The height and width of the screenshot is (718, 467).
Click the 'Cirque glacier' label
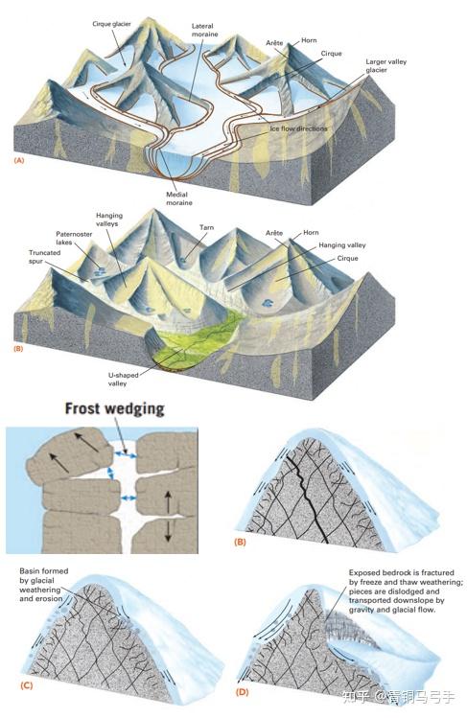(111, 24)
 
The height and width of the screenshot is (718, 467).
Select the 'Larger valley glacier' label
(385, 65)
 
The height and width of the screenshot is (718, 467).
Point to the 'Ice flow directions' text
(298, 128)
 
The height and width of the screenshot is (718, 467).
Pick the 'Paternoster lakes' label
(74, 238)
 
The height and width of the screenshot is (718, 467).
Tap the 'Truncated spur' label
(44, 257)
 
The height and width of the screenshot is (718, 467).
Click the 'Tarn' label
(206, 227)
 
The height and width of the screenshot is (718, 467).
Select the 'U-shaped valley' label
(123, 380)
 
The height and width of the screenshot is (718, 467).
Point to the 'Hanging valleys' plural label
(109, 220)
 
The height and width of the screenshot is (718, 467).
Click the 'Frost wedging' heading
(114, 408)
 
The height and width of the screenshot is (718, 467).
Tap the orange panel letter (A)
(19, 160)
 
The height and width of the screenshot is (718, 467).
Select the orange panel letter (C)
(27, 685)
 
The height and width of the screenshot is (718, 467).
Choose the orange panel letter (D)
(242, 691)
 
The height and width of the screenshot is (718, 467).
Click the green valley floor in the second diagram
(197, 338)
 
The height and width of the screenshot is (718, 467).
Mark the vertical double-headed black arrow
(168, 516)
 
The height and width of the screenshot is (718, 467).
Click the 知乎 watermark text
(356, 697)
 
